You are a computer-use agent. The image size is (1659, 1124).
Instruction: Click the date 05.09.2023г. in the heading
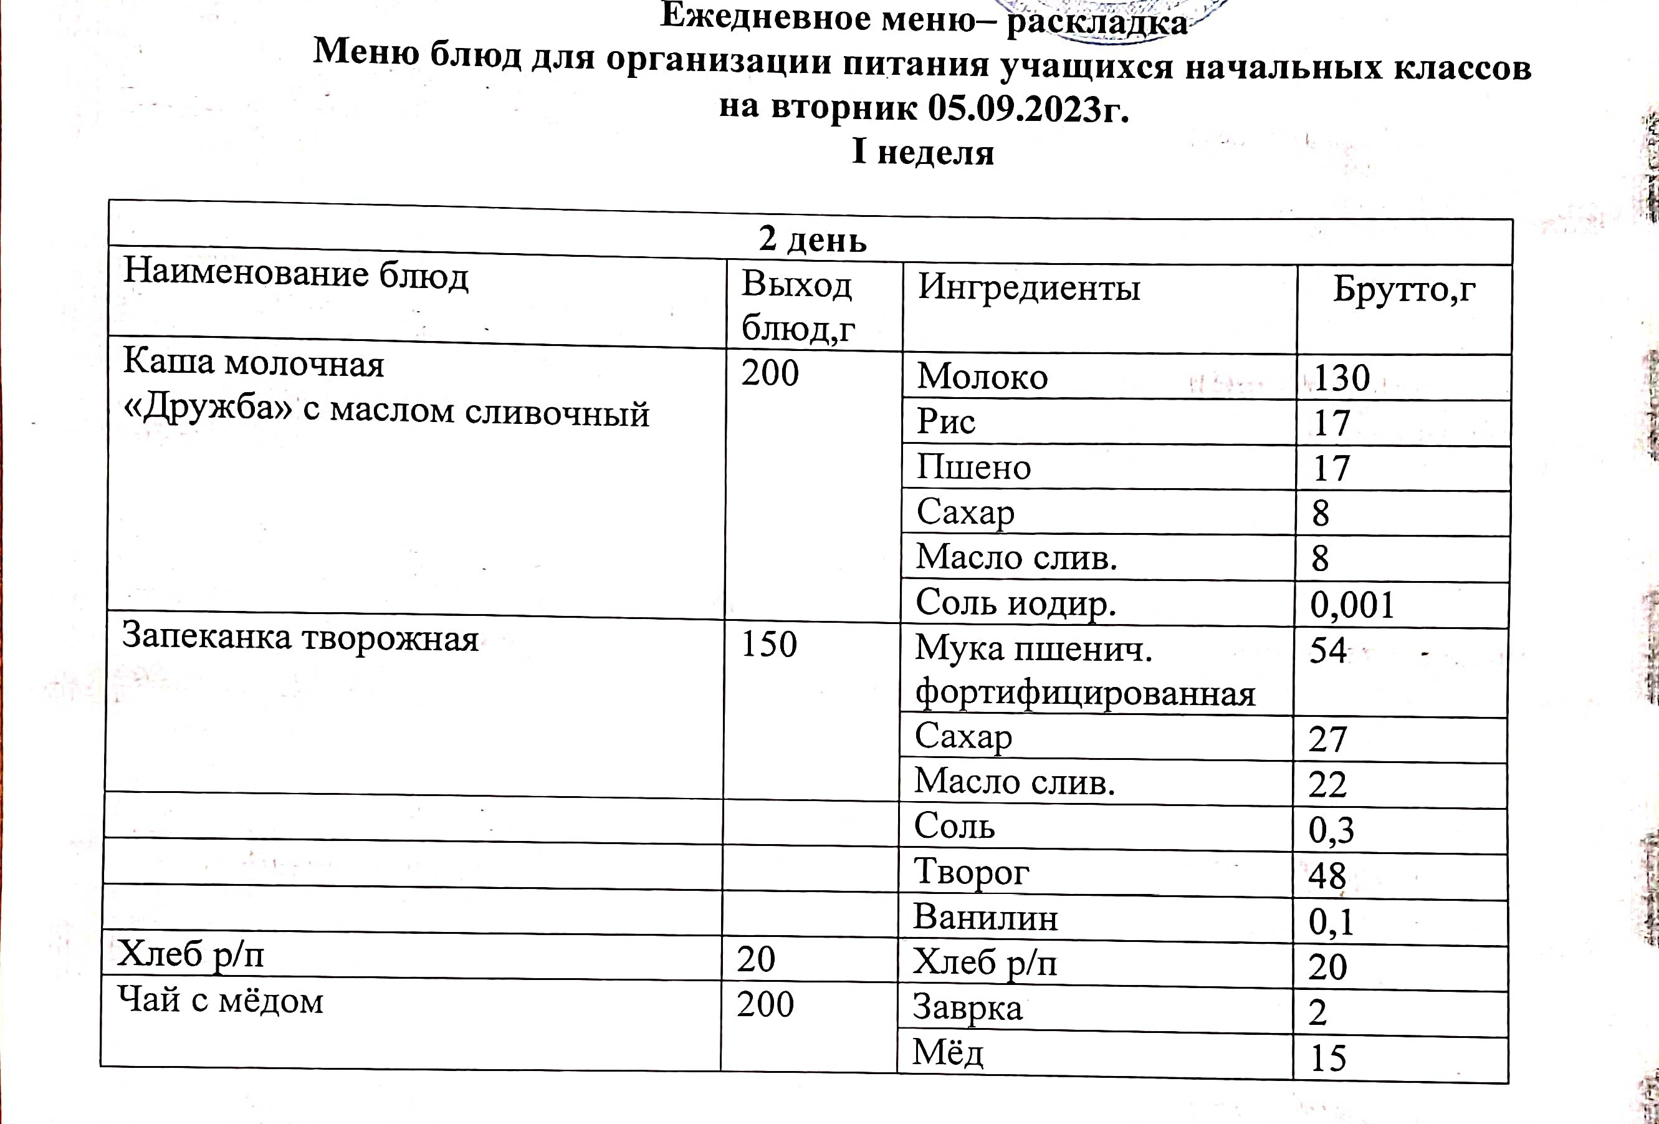(x=1028, y=108)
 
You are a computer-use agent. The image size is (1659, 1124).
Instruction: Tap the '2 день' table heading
(x=813, y=239)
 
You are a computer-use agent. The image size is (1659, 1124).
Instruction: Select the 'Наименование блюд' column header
(x=295, y=274)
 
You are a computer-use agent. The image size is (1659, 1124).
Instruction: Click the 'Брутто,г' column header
(x=1403, y=289)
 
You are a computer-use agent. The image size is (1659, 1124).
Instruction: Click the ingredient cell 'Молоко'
(x=982, y=377)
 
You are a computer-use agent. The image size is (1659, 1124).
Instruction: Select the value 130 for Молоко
(x=1341, y=378)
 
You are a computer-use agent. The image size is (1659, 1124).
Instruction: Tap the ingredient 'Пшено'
(x=973, y=467)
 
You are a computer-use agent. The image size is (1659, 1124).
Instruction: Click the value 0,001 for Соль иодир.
(x=1351, y=605)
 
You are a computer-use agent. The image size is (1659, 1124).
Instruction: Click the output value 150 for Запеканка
(x=768, y=644)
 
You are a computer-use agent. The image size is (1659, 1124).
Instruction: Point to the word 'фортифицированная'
(x=1085, y=693)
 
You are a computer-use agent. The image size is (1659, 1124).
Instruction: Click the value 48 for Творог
(x=1326, y=875)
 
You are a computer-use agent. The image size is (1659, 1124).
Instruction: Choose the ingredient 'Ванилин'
(x=985, y=917)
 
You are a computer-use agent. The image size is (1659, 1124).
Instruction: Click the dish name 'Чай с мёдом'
(x=221, y=1000)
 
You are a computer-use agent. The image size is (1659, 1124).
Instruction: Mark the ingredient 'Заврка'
(x=967, y=1007)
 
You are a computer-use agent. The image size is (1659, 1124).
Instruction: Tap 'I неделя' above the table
(x=922, y=152)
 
